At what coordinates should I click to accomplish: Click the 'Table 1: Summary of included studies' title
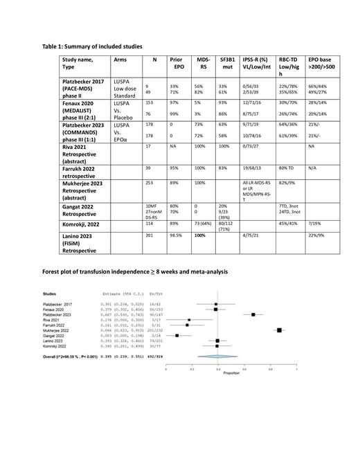click(93, 46)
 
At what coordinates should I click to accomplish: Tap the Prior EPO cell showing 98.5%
click(177, 237)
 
